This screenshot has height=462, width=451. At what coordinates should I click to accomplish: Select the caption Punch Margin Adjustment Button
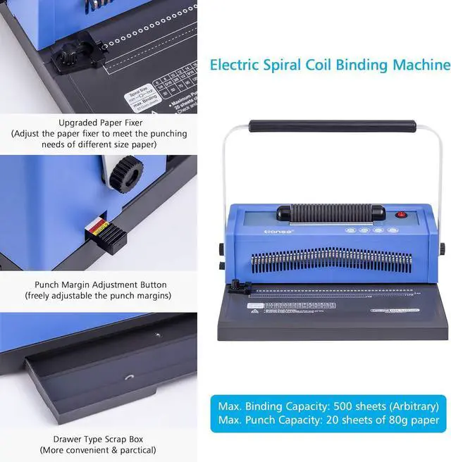(98, 285)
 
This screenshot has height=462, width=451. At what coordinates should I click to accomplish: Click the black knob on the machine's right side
(443, 248)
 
